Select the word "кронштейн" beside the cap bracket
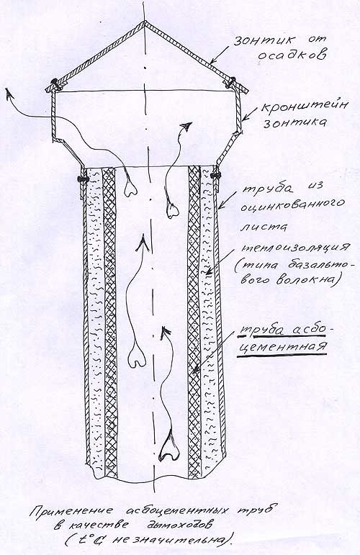(304, 107)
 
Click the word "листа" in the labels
(264, 227)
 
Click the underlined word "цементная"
(282, 346)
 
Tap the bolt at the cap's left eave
(55, 84)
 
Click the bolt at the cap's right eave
(231, 82)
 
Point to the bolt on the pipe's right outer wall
(215, 174)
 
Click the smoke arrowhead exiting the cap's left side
(9, 93)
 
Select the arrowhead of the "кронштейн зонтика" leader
(245, 119)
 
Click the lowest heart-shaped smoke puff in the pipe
(168, 448)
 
